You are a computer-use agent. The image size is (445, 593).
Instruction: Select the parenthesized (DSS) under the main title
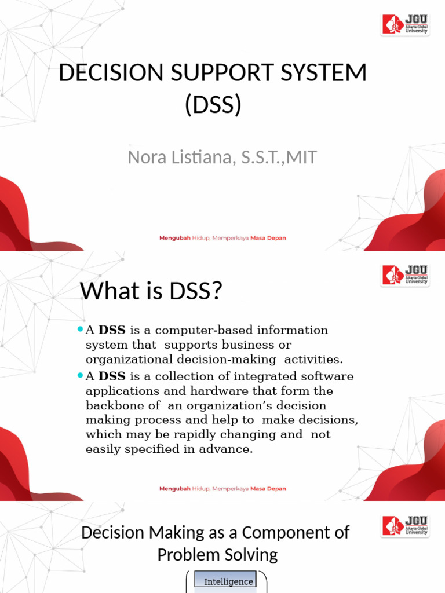tap(213, 105)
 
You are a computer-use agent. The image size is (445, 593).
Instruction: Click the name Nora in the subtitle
tap(151, 157)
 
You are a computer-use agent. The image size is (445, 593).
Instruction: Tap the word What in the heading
tap(110, 291)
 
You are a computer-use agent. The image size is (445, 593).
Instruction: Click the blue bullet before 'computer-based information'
tap(80, 330)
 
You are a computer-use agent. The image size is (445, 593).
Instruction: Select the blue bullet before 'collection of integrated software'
tap(80, 375)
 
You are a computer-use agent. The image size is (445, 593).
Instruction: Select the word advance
tap(230, 449)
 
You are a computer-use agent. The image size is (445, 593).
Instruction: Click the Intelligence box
tap(228, 582)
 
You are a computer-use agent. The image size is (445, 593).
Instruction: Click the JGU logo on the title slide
tap(406, 24)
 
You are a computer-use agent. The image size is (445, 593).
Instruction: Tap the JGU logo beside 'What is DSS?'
tap(406, 275)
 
